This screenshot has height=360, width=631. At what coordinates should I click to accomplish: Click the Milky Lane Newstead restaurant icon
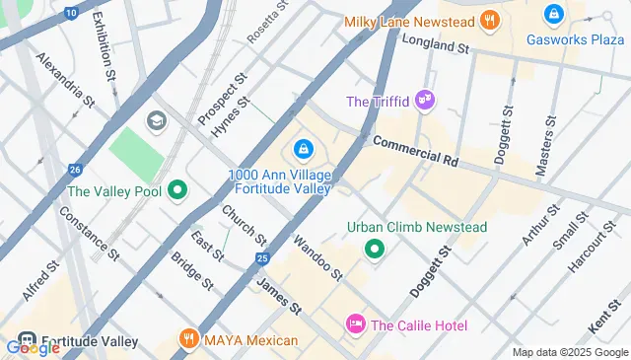point(490,20)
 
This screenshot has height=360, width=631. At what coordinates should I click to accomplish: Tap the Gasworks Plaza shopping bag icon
point(553,15)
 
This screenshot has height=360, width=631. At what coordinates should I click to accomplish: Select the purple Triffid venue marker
point(425,100)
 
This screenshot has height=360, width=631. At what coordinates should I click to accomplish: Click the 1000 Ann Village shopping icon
point(302,149)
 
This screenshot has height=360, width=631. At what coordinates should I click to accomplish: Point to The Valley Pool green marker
point(177,189)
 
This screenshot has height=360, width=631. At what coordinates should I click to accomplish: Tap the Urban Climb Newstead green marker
point(374,249)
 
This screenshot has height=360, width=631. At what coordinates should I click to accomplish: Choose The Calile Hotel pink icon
point(356,324)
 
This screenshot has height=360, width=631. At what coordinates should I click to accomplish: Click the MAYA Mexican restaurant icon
point(188,340)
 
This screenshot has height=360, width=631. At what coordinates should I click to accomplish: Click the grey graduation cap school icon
point(156,120)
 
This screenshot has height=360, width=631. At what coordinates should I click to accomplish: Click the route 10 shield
point(70,12)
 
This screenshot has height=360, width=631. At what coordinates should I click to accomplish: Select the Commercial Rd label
point(416,151)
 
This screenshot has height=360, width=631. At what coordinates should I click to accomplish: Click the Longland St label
point(434,45)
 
